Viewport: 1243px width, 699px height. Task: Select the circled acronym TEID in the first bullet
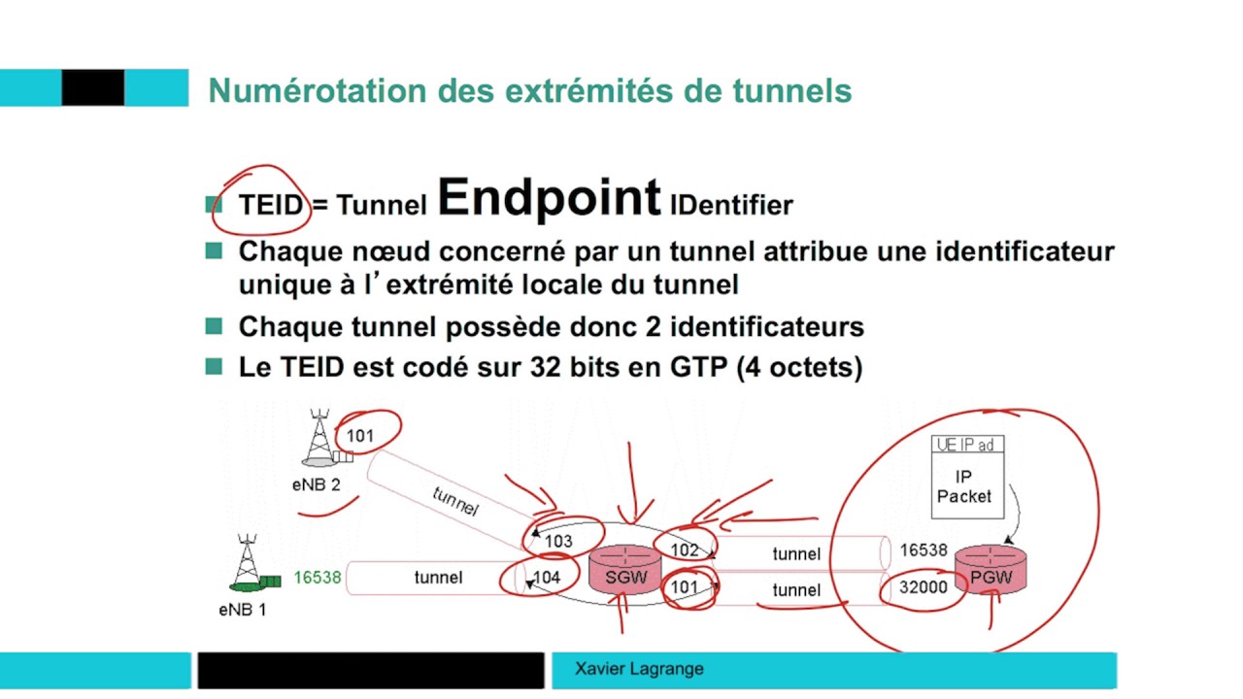click(x=270, y=205)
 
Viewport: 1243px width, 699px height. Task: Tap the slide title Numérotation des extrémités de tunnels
click(x=529, y=91)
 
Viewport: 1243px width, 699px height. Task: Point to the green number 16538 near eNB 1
click(x=318, y=578)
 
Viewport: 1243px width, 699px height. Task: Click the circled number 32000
click(x=923, y=587)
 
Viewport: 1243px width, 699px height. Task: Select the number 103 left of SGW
click(x=558, y=542)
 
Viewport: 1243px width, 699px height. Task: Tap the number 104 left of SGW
click(x=547, y=578)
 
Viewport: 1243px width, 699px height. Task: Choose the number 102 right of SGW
click(x=684, y=550)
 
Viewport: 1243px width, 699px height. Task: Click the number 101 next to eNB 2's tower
click(x=359, y=436)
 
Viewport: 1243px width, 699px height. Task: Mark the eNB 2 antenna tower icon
click(x=320, y=439)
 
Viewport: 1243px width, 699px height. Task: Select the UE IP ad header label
click(x=965, y=445)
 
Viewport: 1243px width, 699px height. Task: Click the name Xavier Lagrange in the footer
click(x=639, y=669)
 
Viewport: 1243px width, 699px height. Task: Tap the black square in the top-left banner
click(x=93, y=87)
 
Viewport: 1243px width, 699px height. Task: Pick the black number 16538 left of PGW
click(x=923, y=550)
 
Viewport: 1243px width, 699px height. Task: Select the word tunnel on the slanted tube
click(x=454, y=501)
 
